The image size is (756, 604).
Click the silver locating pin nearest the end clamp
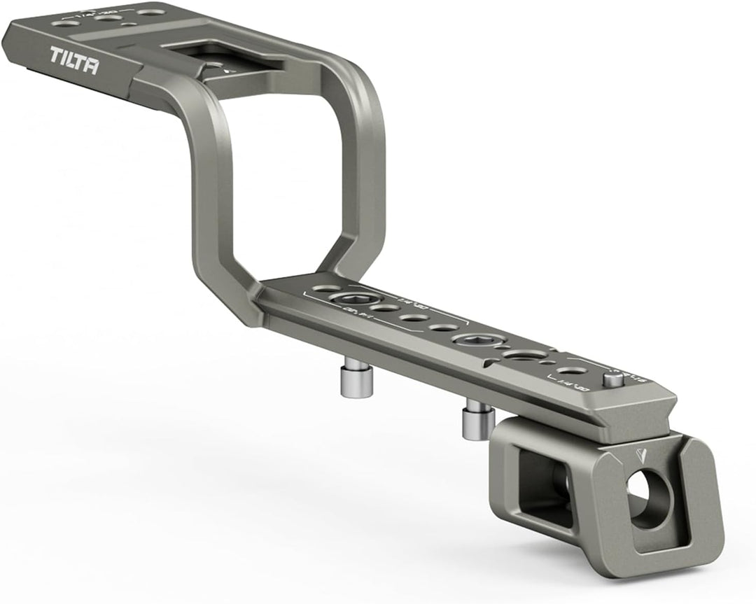tap(477, 421)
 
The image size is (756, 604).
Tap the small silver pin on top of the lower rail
tap(613, 379)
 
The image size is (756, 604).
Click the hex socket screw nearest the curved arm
tap(349, 300)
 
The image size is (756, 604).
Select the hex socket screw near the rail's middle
tap(470, 341)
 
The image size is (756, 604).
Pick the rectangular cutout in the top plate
tap(224, 56)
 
